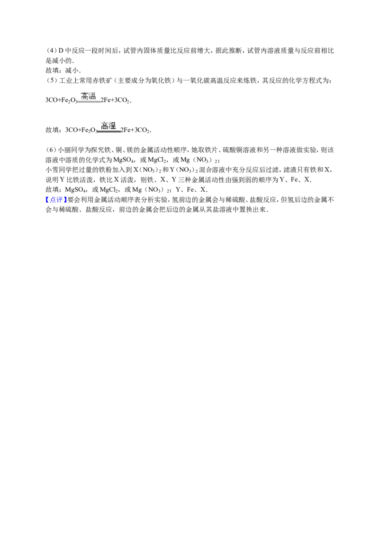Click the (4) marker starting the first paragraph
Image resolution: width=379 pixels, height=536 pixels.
click(51, 51)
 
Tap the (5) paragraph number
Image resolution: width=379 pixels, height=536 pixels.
click(51, 80)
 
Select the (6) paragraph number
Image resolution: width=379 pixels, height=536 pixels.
click(51, 150)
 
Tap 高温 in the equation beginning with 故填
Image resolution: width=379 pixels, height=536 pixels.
click(109, 126)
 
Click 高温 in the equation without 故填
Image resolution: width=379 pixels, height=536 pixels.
click(89, 96)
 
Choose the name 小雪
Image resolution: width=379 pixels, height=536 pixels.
click(52, 170)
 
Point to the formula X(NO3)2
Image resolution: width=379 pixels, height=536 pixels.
click(147, 170)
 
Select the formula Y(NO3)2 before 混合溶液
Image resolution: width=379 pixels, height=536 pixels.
click(184, 170)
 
